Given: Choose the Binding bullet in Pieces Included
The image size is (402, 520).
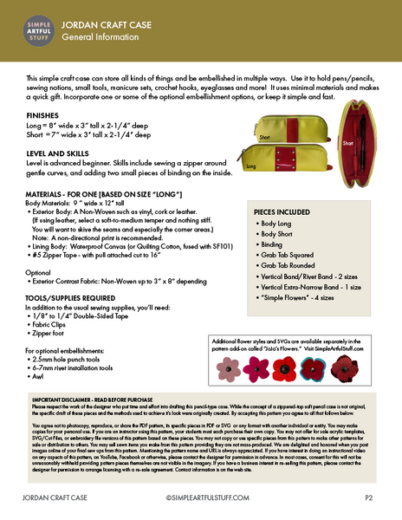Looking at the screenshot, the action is (x=276, y=246).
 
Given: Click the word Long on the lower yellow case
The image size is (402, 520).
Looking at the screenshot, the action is (x=250, y=165).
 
